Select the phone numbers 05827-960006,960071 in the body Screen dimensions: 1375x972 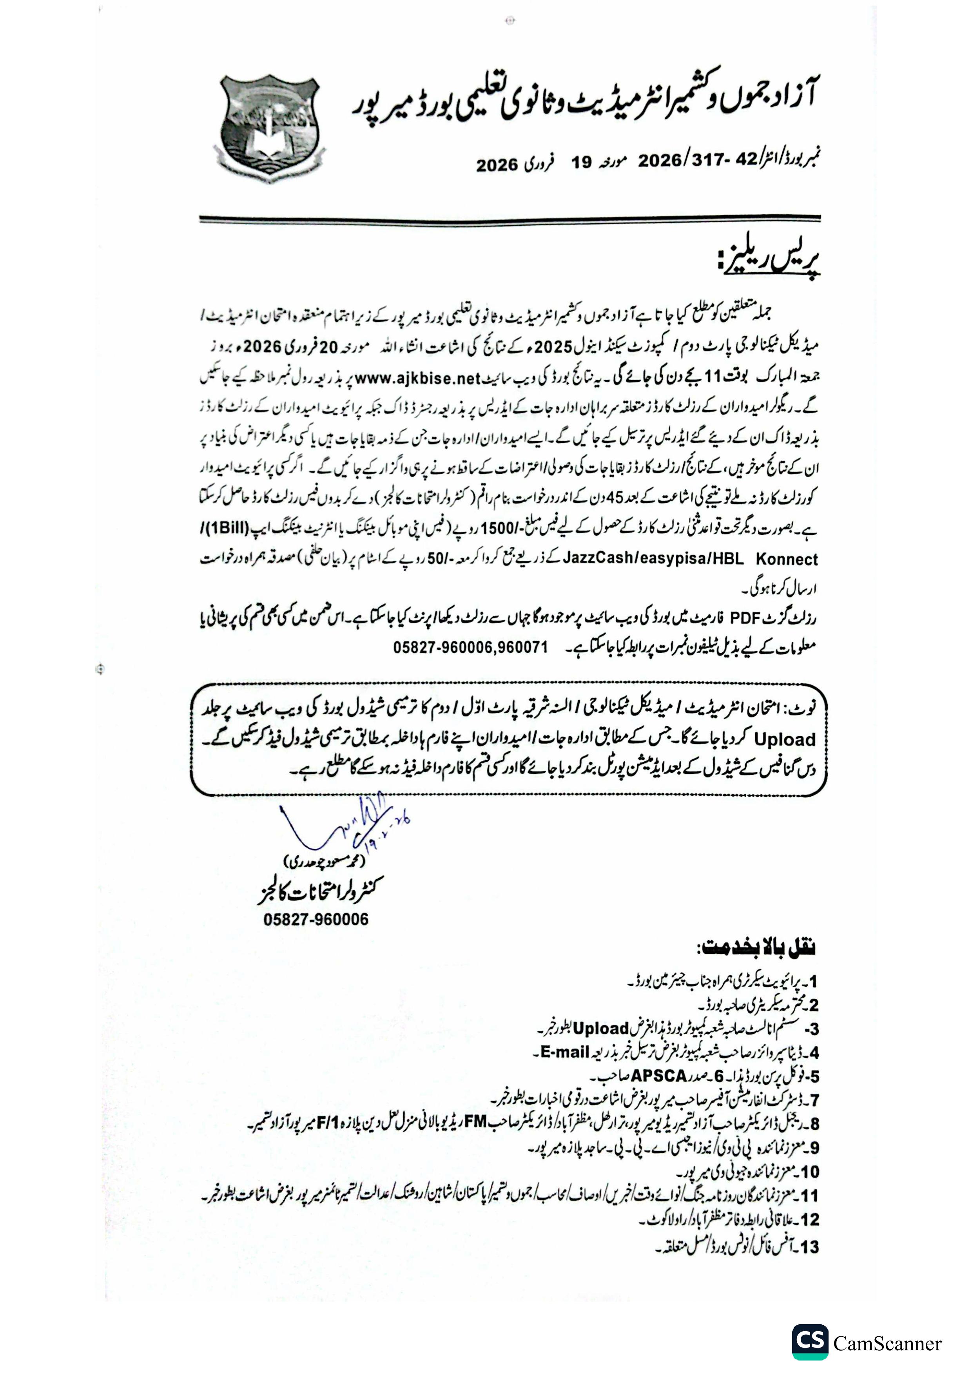[x=470, y=647]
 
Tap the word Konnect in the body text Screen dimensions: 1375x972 [x=786, y=559]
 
